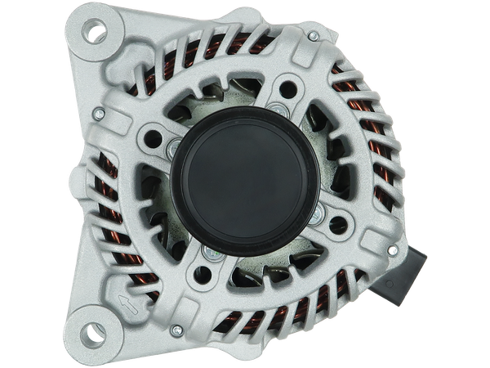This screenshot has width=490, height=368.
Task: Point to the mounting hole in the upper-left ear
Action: (x=96, y=34)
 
